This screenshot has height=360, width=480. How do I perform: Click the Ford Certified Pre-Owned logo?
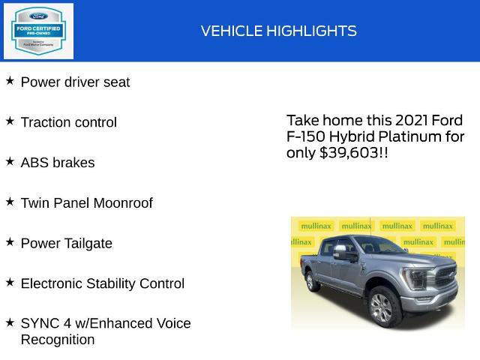point(38,31)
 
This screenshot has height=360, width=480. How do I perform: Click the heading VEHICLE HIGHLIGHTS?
point(278,31)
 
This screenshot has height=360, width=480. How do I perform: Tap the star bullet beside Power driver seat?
point(10,80)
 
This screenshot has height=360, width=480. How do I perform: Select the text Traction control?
point(68,122)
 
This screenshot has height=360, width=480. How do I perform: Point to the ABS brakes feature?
point(58,163)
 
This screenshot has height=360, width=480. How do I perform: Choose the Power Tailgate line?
point(66,244)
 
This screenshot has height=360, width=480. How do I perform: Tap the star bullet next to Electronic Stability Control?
point(10,282)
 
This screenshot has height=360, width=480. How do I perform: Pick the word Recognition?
point(57,340)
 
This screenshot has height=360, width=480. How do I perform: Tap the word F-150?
point(304,136)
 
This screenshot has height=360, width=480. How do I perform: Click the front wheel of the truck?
point(382,307)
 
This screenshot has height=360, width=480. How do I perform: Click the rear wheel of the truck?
point(313,281)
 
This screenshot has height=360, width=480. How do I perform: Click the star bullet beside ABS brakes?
point(10,161)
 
